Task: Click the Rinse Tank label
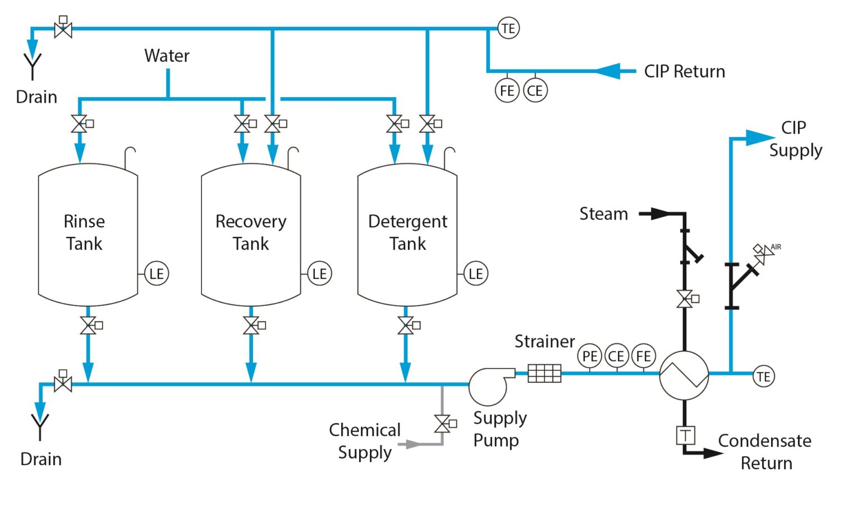(x=84, y=232)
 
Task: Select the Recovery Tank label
(x=251, y=232)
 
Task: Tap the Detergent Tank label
(x=407, y=232)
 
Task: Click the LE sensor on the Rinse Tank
(x=157, y=274)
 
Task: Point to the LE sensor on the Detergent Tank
(x=475, y=274)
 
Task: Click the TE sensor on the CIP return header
(x=508, y=28)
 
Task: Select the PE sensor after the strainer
(x=589, y=356)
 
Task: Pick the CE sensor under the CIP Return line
(x=535, y=91)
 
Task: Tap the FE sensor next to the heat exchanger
(x=643, y=356)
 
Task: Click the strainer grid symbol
(x=544, y=373)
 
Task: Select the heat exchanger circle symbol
(x=684, y=375)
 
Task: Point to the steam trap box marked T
(x=685, y=435)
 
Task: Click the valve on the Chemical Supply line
(x=442, y=424)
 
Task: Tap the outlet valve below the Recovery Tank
(x=251, y=326)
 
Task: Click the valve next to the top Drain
(x=63, y=29)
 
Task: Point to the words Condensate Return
(x=765, y=452)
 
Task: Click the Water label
(x=167, y=56)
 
